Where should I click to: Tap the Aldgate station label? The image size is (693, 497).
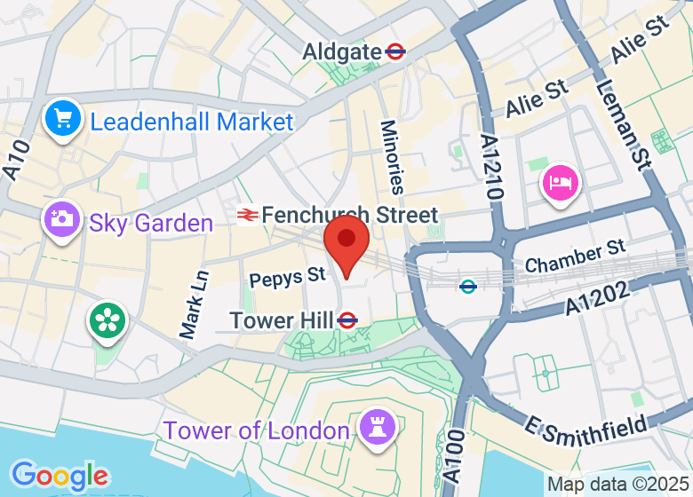(342, 51)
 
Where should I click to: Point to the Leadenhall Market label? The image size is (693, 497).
(192, 122)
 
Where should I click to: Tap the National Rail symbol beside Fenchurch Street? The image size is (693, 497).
(247, 215)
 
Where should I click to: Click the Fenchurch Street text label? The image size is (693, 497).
(350, 215)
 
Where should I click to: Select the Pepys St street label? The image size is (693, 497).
(287, 278)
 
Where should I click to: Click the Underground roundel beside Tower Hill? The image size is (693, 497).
(347, 319)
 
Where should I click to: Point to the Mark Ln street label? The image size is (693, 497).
(193, 304)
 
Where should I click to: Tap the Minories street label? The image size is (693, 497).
(392, 157)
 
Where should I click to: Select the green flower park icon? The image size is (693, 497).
(108, 320)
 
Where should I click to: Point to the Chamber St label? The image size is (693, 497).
(575, 256)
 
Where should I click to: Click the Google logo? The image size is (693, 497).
(60, 476)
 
